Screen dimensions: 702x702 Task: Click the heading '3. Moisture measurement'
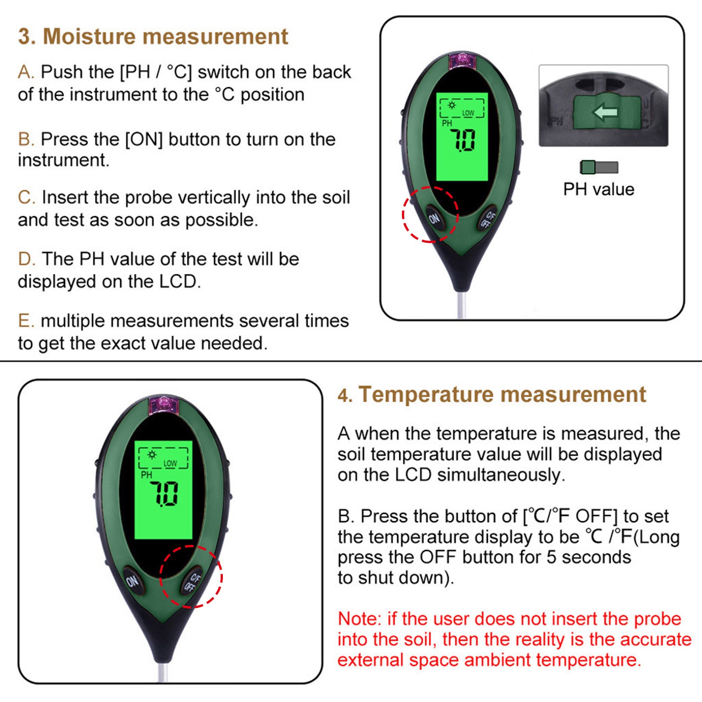click(153, 36)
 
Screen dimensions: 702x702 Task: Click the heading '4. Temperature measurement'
click(492, 394)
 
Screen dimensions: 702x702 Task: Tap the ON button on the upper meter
click(434, 218)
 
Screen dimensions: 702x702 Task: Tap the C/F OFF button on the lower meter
click(193, 580)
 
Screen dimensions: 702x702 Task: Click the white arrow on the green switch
click(605, 113)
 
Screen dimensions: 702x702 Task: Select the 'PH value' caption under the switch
click(599, 189)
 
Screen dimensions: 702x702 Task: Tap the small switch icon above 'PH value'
click(599, 167)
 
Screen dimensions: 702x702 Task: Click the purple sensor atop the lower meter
click(164, 405)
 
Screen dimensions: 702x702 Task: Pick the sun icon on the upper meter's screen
click(451, 105)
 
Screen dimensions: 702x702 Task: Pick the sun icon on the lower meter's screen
click(152, 455)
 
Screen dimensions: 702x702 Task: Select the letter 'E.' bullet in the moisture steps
click(26, 321)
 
